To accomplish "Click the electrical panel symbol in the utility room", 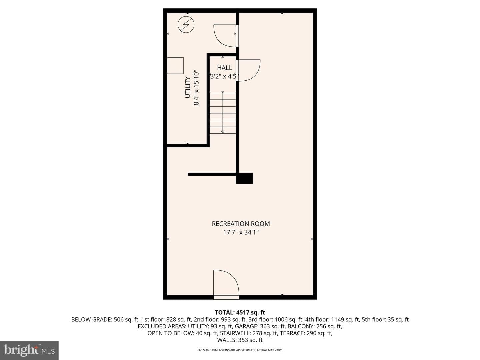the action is [x=186, y=24].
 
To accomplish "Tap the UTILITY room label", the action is [x=188, y=87].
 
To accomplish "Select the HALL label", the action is [x=224, y=68].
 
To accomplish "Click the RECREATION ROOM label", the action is [x=241, y=224].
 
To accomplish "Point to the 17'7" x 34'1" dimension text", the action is [x=241, y=232].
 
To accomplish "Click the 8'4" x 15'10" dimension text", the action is [x=196, y=87].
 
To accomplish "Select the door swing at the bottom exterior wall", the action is [x=226, y=282].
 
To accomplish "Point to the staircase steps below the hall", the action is [x=223, y=113].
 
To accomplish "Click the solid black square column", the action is [x=244, y=178].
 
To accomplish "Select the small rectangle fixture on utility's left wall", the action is [x=175, y=66].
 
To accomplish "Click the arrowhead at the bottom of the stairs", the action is [x=223, y=132].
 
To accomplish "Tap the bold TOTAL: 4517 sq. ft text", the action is [x=240, y=312].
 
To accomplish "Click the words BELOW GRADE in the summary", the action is [x=91, y=320].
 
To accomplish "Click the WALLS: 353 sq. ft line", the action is [x=240, y=340].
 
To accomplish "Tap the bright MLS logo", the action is [x=29, y=350].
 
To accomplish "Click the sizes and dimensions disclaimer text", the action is [x=240, y=350].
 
